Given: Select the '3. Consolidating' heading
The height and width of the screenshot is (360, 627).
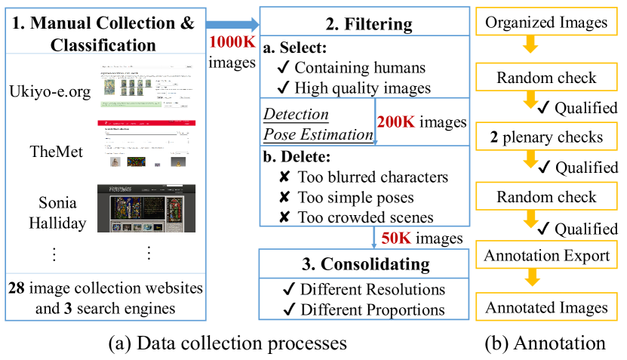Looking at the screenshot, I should click(367, 264).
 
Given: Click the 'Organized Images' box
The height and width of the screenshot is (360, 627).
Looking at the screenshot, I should click(546, 23).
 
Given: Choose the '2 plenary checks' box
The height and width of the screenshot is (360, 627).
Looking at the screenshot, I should click(546, 137).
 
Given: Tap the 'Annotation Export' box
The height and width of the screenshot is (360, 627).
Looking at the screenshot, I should click(546, 255).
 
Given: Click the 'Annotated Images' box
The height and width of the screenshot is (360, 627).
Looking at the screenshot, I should click(546, 307).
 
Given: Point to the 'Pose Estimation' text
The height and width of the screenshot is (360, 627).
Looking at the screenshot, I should click(317, 134).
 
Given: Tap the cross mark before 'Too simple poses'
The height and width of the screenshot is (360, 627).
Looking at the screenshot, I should click(284, 198).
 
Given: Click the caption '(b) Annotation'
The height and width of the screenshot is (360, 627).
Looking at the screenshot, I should click(546, 343).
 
